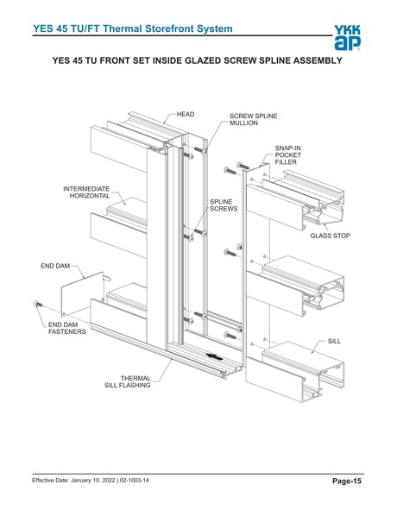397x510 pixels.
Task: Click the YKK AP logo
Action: coord(347,38)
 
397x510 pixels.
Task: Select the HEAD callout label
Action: coord(186,114)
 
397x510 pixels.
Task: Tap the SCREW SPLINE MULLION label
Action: coord(254,119)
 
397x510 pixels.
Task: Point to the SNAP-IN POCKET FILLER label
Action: coord(288,155)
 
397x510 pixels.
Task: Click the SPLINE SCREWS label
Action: coord(224,205)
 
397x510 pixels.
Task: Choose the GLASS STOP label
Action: coord(330,236)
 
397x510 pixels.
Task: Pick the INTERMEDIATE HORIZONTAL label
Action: coord(86,192)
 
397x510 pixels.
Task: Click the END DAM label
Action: coord(55,266)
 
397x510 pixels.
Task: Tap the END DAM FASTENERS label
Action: coord(67,328)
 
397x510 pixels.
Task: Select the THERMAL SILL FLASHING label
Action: coord(128,381)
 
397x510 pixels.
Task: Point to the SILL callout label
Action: coord(334,341)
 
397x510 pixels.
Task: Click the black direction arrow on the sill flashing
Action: coord(215,357)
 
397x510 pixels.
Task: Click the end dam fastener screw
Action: coord(38,304)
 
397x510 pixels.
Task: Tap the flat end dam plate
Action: coord(83,294)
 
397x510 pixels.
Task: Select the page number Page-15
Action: coord(347,481)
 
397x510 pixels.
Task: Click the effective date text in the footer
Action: coord(73,480)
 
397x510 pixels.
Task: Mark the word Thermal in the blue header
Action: coord(123,28)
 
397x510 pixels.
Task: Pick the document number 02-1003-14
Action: coord(135,480)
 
